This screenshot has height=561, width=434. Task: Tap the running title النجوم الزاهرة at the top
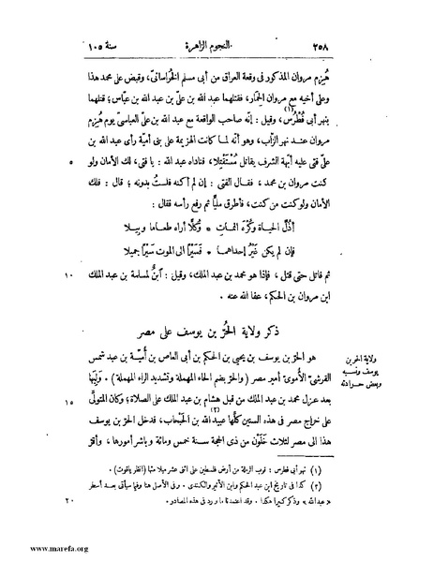(217, 20)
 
